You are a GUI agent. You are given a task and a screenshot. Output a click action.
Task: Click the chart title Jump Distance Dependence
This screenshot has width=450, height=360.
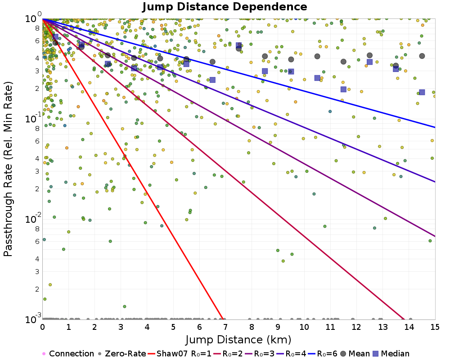coord(225,7)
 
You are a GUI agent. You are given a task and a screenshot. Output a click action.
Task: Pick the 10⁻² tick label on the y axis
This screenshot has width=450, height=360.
coord(33,219)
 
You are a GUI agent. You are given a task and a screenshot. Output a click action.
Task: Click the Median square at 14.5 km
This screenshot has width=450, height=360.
coord(422,92)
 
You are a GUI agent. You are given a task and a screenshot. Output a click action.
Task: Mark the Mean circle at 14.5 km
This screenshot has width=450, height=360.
coord(422,56)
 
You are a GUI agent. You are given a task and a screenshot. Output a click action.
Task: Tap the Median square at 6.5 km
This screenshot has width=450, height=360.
coord(212,80)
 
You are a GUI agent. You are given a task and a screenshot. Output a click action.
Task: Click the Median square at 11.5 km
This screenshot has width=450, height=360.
coord(343,89)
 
